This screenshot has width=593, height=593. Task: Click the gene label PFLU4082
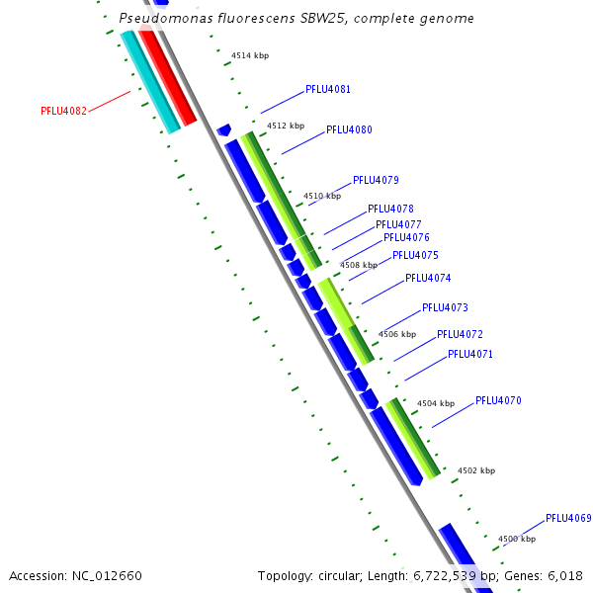(63, 111)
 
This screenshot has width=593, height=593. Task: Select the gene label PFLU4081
(327, 89)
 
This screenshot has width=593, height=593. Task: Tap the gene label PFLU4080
(349, 129)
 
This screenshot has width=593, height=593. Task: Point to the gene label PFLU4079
(376, 180)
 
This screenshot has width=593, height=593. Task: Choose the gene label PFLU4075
(415, 255)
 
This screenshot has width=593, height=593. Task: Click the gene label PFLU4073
(445, 307)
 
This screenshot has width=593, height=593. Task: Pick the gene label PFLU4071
(469, 354)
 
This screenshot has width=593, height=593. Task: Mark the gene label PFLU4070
(498, 400)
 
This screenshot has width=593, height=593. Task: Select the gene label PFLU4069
(568, 518)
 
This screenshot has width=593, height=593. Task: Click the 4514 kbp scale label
(250, 55)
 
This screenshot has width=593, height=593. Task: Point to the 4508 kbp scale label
(359, 265)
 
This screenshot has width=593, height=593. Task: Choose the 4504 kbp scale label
(436, 403)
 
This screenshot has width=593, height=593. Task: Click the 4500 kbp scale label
(516, 539)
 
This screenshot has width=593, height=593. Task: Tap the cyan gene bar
(149, 81)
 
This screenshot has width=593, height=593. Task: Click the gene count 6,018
(565, 575)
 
